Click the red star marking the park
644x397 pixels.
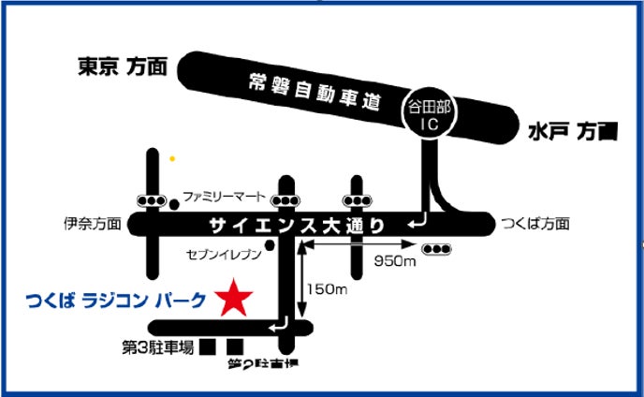(234, 299)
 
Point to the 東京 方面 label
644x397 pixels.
(121, 66)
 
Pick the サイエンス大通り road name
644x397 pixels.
(297, 225)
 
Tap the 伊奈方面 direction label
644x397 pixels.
(93, 225)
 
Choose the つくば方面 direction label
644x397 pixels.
(535, 225)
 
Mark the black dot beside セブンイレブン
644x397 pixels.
(270, 247)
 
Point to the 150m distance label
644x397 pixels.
(329, 291)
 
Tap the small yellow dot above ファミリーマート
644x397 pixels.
(171, 159)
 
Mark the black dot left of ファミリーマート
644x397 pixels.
(174, 202)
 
